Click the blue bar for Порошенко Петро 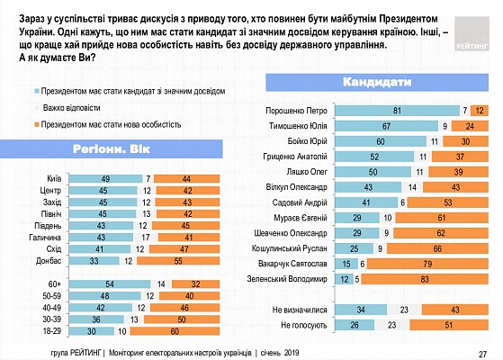(397, 111)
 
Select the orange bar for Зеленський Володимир (425, 279)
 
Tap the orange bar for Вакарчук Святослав (427, 264)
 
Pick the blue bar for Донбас (94, 261)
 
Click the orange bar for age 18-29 (175, 331)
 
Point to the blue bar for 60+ (110, 284)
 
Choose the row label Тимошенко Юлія (298, 126)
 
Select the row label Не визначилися (300, 310)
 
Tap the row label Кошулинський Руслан (290, 248)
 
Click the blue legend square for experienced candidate (37, 92)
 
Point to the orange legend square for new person (37, 124)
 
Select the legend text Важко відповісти (72, 108)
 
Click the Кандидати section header (377, 83)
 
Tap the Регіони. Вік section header (111, 149)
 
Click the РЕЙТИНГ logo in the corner (472, 33)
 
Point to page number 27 (483, 355)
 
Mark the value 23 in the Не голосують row (392, 325)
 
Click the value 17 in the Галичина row (146, 238)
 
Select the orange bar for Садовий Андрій (448, 202)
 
